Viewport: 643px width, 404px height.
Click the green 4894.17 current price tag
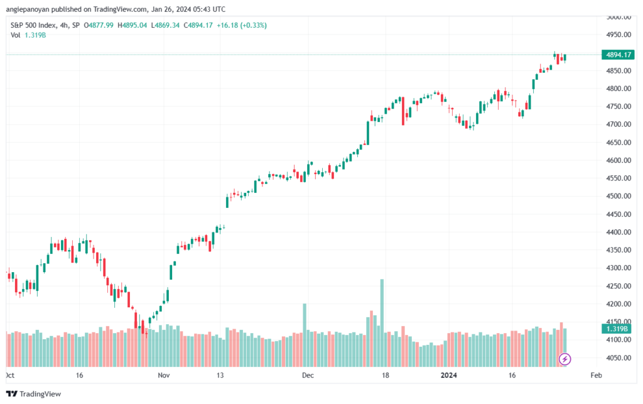(618, 55)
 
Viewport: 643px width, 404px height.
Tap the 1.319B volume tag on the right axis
(617, 329)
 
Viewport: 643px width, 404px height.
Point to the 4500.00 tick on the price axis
(619, 196)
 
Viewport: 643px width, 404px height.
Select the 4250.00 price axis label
(619, 286)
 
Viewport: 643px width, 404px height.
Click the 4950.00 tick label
(619, 35)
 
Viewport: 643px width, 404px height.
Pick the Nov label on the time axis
(164, 375)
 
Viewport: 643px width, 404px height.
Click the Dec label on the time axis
(308, 375)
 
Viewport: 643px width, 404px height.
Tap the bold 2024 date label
(448, 375)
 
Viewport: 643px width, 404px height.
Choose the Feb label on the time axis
(597, 375)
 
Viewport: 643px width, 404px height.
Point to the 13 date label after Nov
(220, 375)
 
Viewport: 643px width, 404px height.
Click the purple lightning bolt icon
(565, 359)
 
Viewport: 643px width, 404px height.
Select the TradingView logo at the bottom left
(34, 394)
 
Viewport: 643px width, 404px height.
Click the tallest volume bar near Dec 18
(382, 323)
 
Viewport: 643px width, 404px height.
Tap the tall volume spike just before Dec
(305, 335)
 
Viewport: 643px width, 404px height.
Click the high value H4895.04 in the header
(132, 25)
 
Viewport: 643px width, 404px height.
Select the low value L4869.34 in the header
(165, 25)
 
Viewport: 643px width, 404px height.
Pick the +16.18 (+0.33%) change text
(242, 25)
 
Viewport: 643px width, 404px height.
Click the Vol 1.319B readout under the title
(28, 35)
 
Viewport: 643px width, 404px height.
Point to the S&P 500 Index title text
(33, 25)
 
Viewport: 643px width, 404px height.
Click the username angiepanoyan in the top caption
(28, 9)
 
